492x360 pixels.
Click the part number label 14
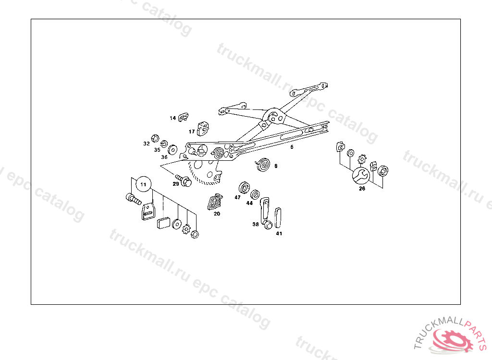[172, 118]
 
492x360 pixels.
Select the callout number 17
[192, 132]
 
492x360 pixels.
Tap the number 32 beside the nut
[147, 144]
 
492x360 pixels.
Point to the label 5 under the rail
[292, 147]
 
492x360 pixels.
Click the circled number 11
[143, 184]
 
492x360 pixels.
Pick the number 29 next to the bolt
[176, 184]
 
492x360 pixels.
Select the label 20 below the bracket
[217, 214]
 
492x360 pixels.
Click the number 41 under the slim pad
[279, 234]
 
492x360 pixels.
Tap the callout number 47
[237, 197]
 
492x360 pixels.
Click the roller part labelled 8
[263, 164]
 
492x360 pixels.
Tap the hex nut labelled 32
[155, 138]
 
